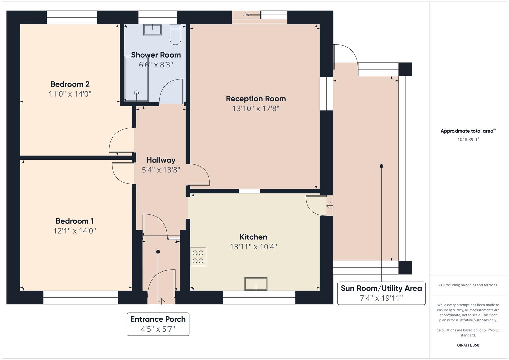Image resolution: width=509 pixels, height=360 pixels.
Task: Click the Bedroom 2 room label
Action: [x=70, y=84]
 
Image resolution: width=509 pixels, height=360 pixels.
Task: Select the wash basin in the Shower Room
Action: [x=152, y=30]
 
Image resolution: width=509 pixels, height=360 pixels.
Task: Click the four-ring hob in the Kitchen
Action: [x=198, y=257]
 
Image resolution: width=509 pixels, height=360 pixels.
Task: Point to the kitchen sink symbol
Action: [x=256, y=284]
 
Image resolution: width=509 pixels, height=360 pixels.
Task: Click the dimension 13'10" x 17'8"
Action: [x=256, y=108]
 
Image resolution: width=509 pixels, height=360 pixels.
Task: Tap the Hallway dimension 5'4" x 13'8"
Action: [x=161, y=170]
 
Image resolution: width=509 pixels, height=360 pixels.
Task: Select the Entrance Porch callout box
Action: [x=158, y=324]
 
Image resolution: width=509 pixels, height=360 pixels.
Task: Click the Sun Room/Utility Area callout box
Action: [x=381, y=293]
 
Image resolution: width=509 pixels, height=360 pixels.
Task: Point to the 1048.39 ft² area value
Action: [x=468, y=139]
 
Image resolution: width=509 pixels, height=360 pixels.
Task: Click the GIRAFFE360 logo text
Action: [x=468, y=345]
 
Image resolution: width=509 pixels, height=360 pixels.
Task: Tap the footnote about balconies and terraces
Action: [x=468, y=285]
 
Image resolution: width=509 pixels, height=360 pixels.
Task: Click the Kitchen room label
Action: [x=253, y=237]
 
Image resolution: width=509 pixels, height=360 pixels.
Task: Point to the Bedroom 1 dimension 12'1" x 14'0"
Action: [x=75, y=231]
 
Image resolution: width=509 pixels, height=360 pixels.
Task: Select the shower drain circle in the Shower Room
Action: [x=137, y=93]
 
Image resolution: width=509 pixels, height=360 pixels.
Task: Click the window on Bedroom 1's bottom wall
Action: [x=80, y=297]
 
